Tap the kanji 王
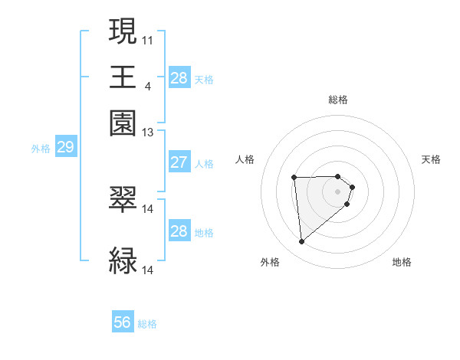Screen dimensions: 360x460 (123, 77)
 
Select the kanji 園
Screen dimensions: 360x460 (123, 124)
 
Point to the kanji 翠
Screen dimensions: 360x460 (123, 200)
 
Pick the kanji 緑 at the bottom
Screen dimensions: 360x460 (123, 260)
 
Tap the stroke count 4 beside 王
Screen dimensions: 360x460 (147, 86)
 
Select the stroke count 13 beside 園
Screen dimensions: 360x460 (147, 133)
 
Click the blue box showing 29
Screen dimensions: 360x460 (65, 148)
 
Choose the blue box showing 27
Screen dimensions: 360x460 (179, 162)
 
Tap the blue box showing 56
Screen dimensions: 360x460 (123, 322)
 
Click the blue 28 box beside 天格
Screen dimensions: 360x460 (179, 78)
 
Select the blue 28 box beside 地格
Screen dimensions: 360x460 (179, 231)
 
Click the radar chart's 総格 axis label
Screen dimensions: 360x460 (338, 100)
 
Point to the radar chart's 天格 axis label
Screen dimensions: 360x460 (432, 159)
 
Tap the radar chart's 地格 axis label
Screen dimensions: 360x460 (402, 262)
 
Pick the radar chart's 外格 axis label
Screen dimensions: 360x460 (270, 262)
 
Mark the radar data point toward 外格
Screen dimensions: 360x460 (302, 242)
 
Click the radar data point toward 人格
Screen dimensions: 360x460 (294, 178)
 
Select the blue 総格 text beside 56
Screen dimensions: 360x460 (147, 323)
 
